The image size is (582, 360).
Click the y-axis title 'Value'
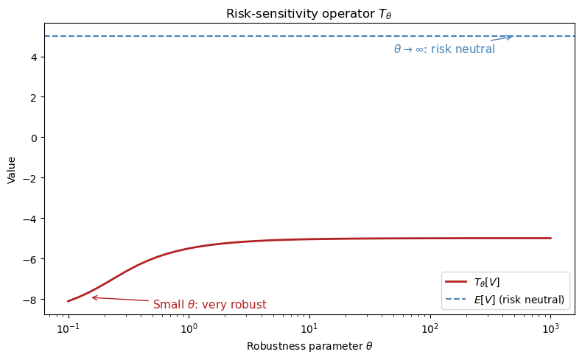tap(12, 171)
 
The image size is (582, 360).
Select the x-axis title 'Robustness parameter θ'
tap(309, 346)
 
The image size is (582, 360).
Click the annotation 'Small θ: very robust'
tap(210, 305)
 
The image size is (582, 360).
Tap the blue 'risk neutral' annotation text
tap(444, 49)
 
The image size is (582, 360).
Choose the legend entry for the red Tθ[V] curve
tap(487, 283)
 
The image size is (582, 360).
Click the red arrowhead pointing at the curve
tap(93, 297)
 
